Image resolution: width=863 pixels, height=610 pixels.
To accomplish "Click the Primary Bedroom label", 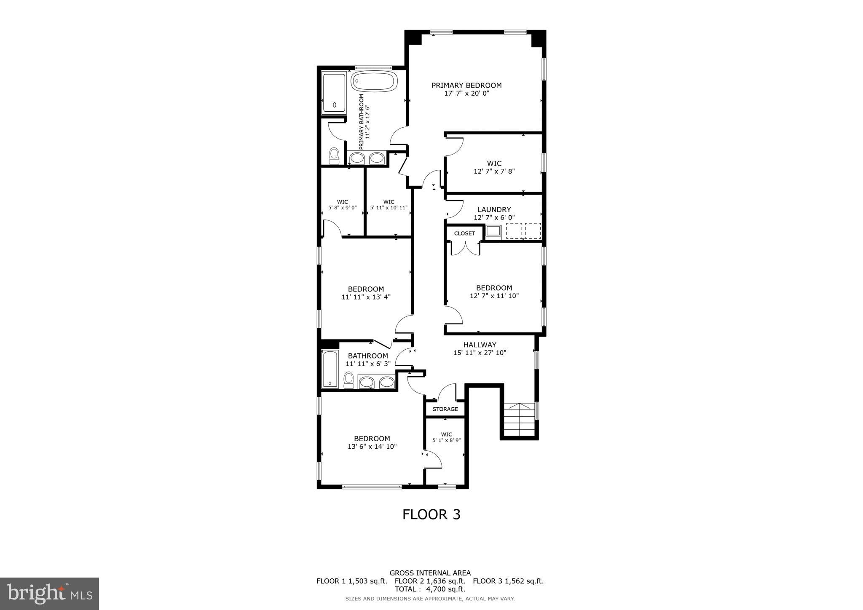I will pyautogui.click(x=466, y=86).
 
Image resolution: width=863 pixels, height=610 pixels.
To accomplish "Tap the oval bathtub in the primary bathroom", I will pyautogui.click(x=374, y=81).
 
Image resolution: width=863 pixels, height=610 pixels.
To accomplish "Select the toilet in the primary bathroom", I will pyautogui.click(x=334, y=156).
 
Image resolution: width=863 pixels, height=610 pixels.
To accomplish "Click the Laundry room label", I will pyautogui.click(x=494, y=210).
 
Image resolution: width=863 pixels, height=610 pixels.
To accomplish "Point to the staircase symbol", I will pyautogui.click(x=520, y=420).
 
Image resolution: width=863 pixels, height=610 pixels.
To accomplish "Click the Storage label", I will pyautogui.click(x=445, y=409).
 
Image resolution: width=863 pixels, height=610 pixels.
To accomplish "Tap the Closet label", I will pyautogui.click(x=464, y=233).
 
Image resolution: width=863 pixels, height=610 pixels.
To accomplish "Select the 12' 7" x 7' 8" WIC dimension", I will pyautogui.click(x=494, y=171).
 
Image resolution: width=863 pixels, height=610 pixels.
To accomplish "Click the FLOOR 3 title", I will pyautogui.click(x=431, y=514).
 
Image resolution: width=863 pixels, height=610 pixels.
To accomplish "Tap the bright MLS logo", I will pyautogui.click(x=49, y=594).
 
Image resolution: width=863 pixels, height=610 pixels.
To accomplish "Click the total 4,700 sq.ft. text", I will pyautogui.click(x=430, y=589).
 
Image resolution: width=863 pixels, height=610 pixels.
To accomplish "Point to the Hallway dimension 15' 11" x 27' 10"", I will pyautogui.click(x=480, y=353).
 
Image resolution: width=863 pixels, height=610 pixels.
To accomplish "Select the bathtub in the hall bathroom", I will pyautogui.click(x=330, y=369).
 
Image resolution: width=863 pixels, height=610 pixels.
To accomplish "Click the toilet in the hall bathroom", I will pyautogui.click(x=348, y=380).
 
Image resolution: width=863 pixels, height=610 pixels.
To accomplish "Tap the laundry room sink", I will pyautogui.click(x=493, y=231).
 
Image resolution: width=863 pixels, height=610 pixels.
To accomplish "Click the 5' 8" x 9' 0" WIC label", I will pyautogui.click(x=342, y=205).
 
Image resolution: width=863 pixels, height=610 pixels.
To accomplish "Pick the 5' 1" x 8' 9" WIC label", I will pyautogui.click(x=446, y=437).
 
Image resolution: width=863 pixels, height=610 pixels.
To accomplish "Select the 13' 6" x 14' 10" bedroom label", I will pyautogui.click(x=372, y=442).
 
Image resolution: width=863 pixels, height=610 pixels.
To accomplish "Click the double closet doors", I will pyautogui.click(x=465, y=248).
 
